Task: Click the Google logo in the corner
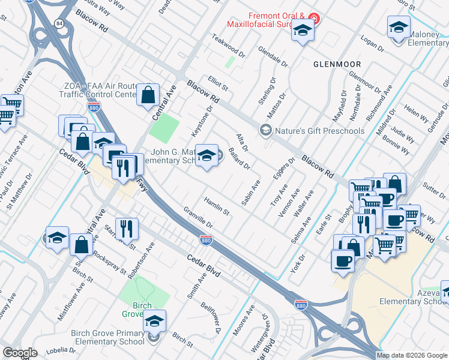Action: (x=20, y=353)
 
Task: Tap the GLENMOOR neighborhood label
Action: (x=337, y=64)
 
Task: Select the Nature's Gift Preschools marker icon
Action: (x=265, y=130)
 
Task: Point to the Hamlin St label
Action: (x=217, y=207)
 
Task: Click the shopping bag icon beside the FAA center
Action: (x=148, y=94)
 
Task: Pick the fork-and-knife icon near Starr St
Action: (x=127, y=228)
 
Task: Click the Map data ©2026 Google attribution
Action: (x=412, y=355)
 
